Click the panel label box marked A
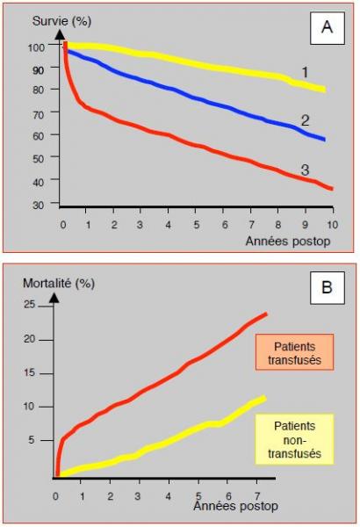pos(327,28)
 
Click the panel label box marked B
pos(327,288)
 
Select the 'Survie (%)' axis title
pos(61,21)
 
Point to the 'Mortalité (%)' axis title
pos(59,283)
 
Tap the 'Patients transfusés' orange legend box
pos(294,352)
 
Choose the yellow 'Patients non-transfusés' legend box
pos(294,439)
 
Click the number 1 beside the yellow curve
pos(305,72)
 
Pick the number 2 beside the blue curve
pos(305,120)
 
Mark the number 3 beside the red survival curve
pos(305,170)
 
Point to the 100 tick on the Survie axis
pos(36,47)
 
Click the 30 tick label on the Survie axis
pos(39,205)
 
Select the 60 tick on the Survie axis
pos(39,136)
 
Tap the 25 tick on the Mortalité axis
pos(30,305)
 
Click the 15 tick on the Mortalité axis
pos(30,372)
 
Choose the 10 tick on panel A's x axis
pos(332,225)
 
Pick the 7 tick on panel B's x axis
pos(256,495)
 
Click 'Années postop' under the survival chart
pos(288,241)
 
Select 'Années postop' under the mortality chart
pos(236,506)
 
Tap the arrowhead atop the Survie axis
pos(60,34)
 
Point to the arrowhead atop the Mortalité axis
pos(54,298)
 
